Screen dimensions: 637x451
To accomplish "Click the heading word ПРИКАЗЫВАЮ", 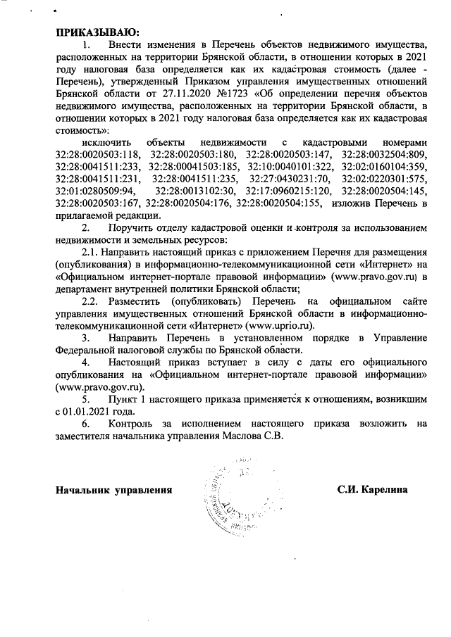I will click(98, 31).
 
